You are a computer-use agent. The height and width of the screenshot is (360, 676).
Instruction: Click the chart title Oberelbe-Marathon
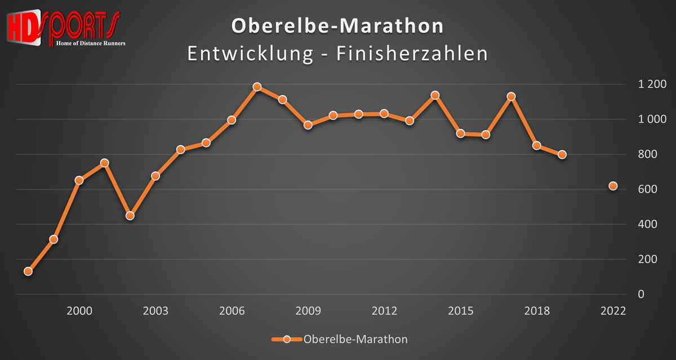337,26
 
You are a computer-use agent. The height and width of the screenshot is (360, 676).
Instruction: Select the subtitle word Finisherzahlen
411,54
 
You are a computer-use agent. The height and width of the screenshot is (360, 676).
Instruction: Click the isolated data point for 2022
613,186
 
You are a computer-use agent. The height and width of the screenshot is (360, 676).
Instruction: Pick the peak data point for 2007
257,87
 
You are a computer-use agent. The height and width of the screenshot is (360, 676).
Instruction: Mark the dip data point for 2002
130,216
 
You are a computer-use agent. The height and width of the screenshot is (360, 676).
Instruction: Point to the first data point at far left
28,271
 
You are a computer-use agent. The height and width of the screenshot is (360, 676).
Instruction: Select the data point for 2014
434,95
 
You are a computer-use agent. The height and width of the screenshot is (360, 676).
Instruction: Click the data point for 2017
511,96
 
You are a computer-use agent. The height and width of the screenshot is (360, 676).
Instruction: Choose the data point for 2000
79,180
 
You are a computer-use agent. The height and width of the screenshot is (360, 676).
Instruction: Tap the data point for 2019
562,154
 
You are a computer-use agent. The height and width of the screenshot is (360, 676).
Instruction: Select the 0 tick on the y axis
641,294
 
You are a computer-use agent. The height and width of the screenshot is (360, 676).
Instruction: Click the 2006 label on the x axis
232,312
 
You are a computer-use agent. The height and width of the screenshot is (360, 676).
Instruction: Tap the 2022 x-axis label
613,312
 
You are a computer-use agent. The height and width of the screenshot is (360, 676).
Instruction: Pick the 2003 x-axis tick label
155,312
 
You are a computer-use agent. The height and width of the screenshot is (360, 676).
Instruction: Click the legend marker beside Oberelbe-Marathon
286,339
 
